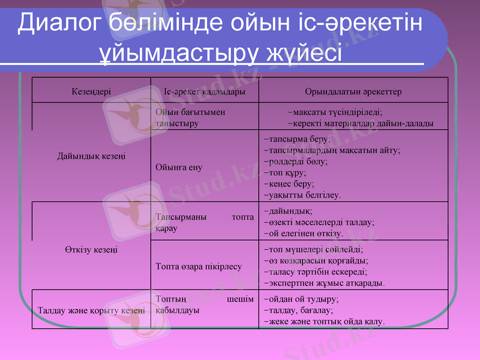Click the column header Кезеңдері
(x=91, y=92)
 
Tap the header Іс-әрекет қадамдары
(x=204, y=92)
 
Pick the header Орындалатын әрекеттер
(x=353, y=92)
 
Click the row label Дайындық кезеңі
(x=91, y=156)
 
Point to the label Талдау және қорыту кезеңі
(x=91, y=310)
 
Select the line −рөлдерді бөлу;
(x=295, y=161)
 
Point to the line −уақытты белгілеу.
(x=302, y=195)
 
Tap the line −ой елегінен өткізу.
(x=304, y=233)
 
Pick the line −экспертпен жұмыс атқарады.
(x=324, y=283)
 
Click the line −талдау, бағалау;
(x=298, y=310)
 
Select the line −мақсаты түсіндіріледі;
(x=335, y=112)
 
